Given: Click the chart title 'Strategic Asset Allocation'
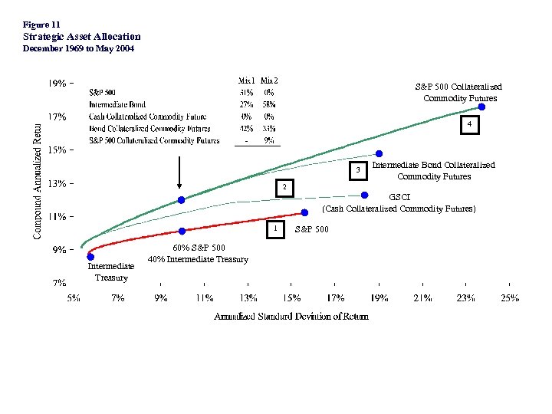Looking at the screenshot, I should pyautogui.click(x=82, y=36).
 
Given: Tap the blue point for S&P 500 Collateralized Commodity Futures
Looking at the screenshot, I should pyautogui.click(x=481, y=107).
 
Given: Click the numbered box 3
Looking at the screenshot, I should pyautogui.click(x=356, y=169).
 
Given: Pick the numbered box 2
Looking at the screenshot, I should pyautogui.click(x=284, y=187).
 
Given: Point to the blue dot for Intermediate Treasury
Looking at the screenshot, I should pyautogui.click(x=90, y=257).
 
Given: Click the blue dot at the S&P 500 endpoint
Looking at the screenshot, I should pyautogui.click(x=304, y=212).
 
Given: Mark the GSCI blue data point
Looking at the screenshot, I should pyautogui.click(x=365, y=195).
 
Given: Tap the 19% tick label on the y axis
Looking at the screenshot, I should pyautogui.click(x=58, y=83).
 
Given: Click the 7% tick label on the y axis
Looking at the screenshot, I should pyautogui.click(x=59, y=282).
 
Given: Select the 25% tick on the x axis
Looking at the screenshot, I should pyautogui.click(x=510, y=297).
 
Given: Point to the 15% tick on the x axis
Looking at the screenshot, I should pyautogui.click(x=292, y=297).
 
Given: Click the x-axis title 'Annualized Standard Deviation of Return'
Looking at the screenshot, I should pyautogui.click(x=291, y=316).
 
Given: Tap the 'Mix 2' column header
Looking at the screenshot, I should pyautogui.click(x=269, y=80).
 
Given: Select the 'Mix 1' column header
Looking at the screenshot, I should pyautogui.click(x=247, y=80).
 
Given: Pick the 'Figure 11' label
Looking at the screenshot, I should pyautogui.click(x=41, y=25).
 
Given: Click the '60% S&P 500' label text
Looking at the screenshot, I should pyautogui.click(x=199, y=248).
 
